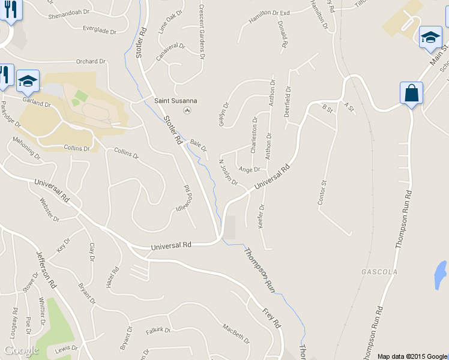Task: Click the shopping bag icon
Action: [411, 94]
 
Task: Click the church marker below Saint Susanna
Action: [187, 110]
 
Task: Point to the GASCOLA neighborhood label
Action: [379, 272]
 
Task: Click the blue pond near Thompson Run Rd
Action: [441, 274]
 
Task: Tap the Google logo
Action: [21, 350]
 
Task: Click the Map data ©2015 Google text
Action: [412, 356]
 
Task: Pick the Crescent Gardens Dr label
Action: [201, 34]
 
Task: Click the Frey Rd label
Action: [272, 317]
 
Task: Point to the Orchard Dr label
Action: [91, 61]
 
